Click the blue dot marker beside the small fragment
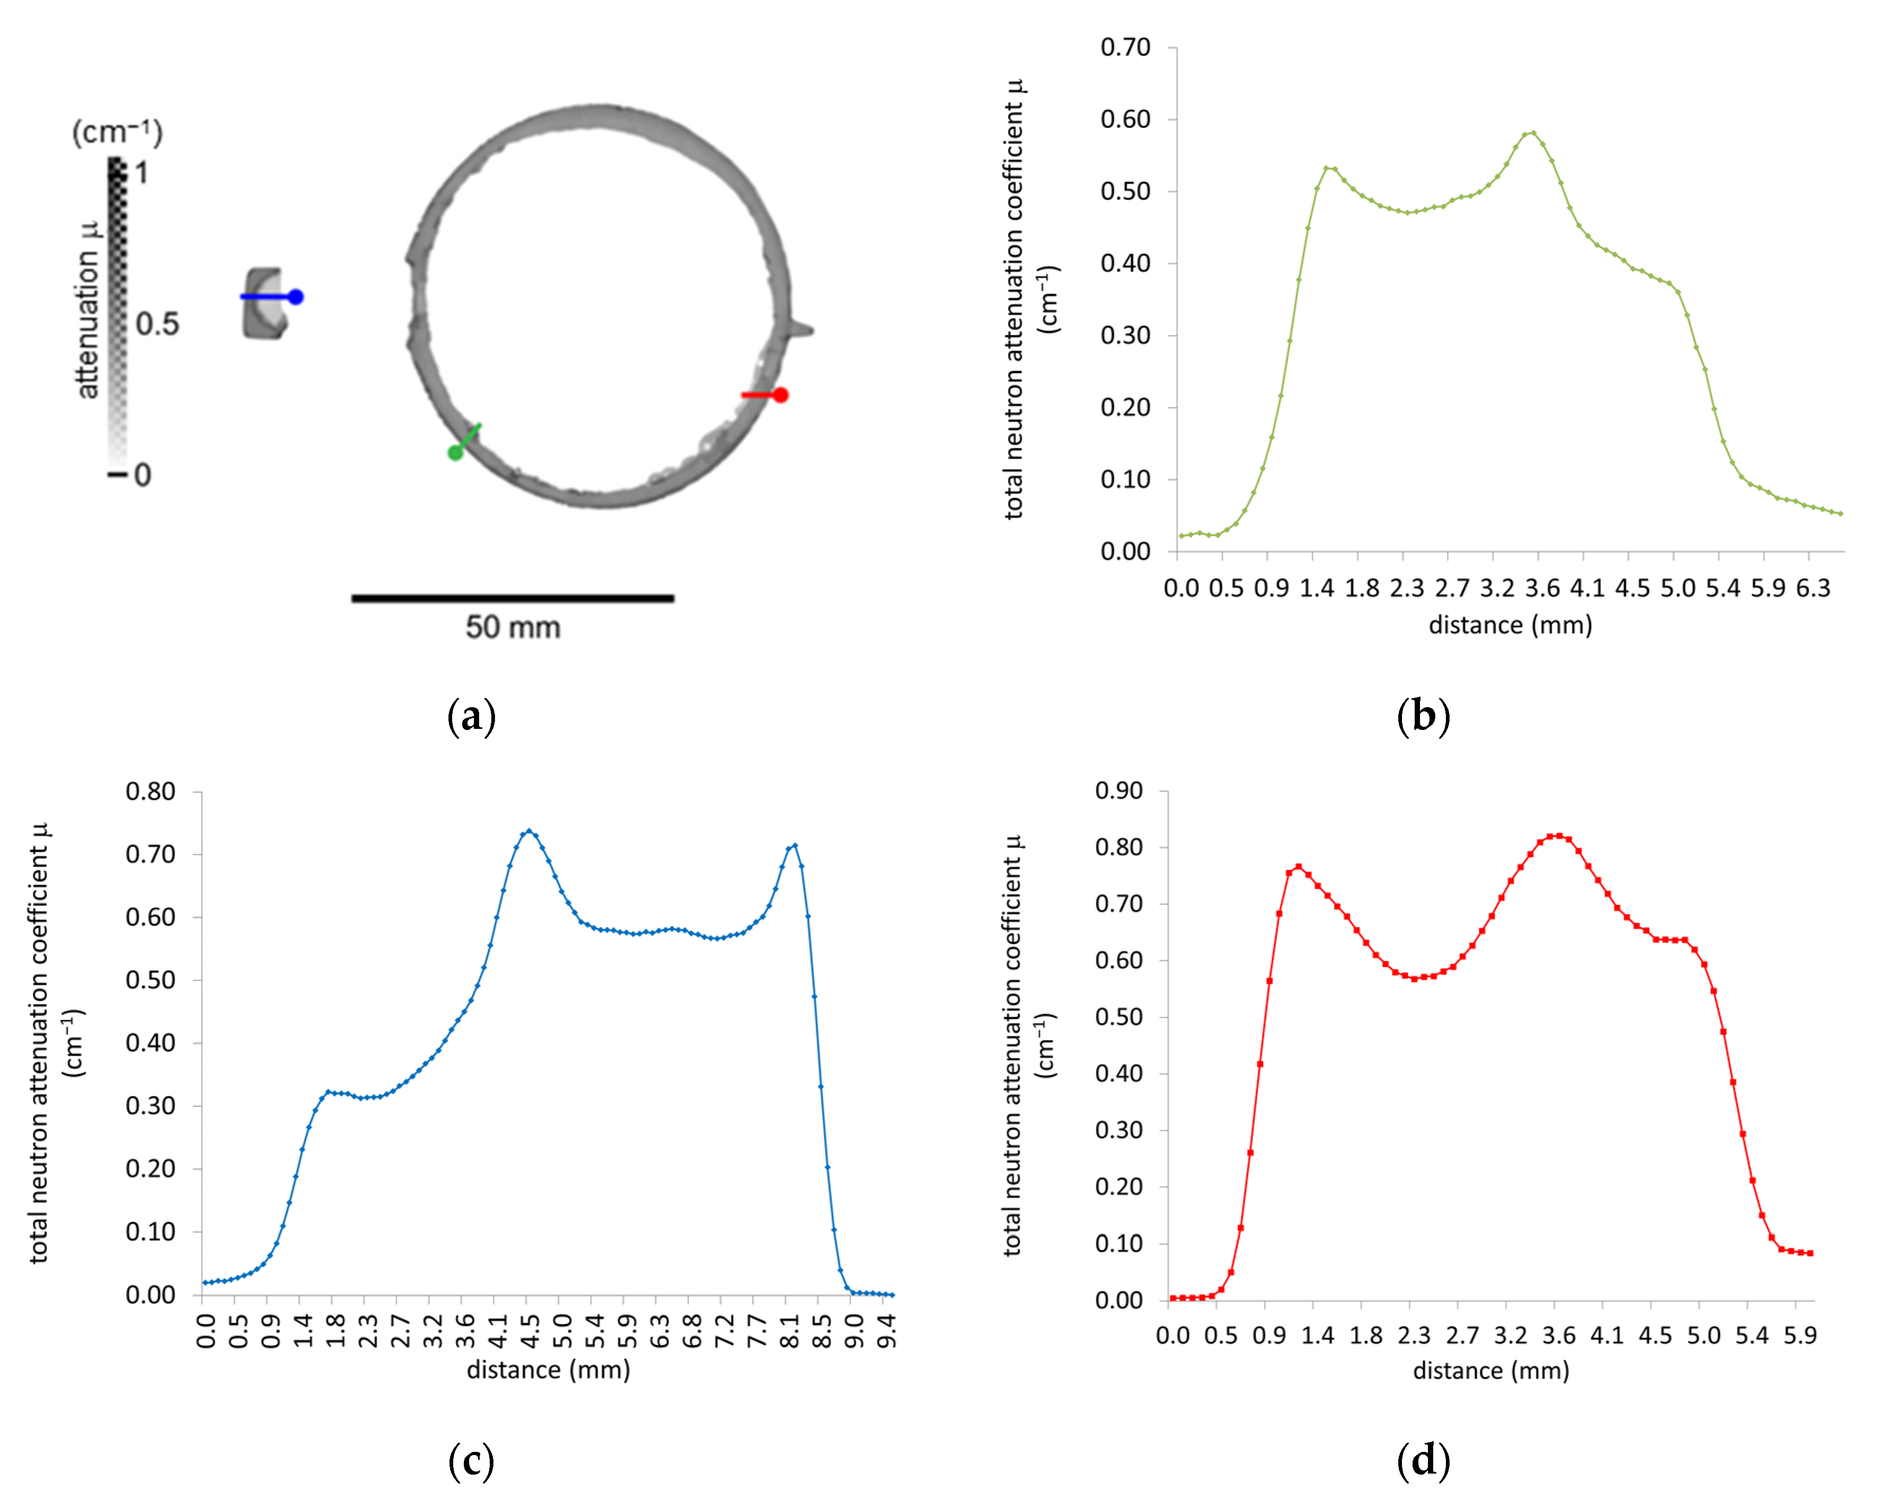[296, 297]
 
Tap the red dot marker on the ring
[780, 395]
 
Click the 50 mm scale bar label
[513, 627]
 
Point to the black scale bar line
[513, 598]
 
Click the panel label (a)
[472, 716]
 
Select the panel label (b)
[1423, 716]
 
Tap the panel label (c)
[472, 1460]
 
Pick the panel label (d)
[1423, 1460]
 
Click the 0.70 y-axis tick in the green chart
[1125, 48]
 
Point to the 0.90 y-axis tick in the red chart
[1119, 791]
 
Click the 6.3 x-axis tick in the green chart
[1813, 588]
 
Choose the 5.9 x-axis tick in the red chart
[1800, 1336]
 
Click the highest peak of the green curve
[1533, 133]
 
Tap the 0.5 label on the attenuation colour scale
[157, 324]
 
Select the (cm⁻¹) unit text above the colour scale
[117, 132]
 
